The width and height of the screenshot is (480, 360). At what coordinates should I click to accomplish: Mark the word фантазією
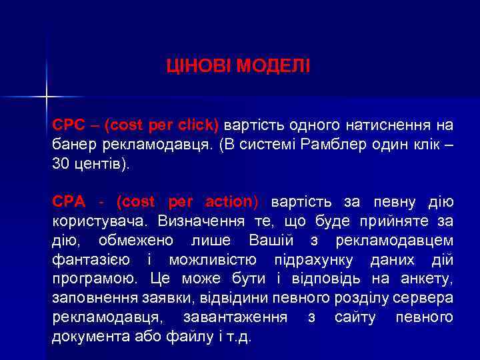(x=90, y=259)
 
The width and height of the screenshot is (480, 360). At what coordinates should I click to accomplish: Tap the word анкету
(x=429, y=279)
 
